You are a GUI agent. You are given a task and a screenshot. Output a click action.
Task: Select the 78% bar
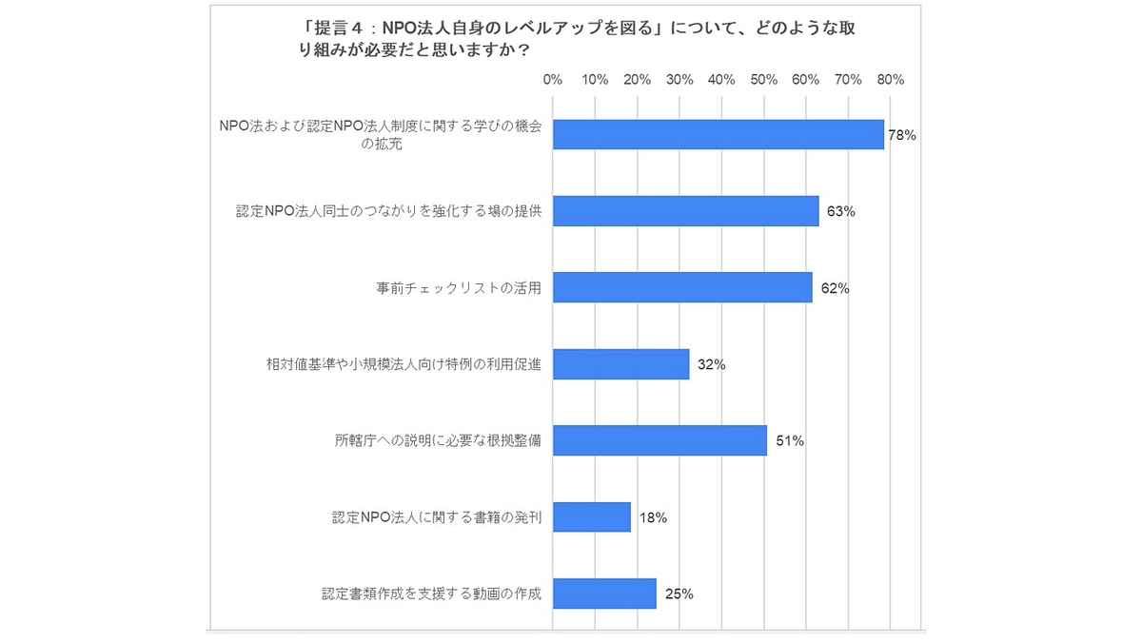click(x=718, y=135)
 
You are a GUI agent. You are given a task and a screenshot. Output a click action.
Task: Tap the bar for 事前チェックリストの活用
click(x=681, y=287)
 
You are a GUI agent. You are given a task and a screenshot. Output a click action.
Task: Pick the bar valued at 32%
click(x=620, y=364)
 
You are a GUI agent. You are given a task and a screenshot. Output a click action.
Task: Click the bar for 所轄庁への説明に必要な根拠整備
click(x=659, y=440)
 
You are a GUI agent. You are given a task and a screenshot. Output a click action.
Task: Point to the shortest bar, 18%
click(x=591, y=517)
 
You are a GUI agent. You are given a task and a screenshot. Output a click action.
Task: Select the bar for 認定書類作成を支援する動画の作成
click(x=604, y=593)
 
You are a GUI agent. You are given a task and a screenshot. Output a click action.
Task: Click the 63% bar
click(x=685, y=211)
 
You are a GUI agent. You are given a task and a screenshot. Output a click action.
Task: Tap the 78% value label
click(x=901, y=136)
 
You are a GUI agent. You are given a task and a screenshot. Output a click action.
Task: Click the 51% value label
click(x=790, y=441)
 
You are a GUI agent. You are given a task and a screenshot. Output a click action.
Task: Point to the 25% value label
click(x=679, y=594)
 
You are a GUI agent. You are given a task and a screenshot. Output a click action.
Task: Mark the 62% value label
click(x=835, y=288)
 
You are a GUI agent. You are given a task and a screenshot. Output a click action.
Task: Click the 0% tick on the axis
click(x=553, y=80)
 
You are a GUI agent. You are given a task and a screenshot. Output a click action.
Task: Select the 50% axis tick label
click(x=764, y=80)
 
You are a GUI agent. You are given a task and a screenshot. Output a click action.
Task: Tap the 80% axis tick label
click(x=891, y=80)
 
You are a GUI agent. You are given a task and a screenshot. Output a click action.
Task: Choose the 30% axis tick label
click(x=679, y=80)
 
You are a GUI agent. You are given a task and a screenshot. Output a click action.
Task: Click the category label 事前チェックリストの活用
click(x=459, y=287)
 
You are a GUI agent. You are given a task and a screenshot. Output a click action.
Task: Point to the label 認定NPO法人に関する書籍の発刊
click(x=437, y=517)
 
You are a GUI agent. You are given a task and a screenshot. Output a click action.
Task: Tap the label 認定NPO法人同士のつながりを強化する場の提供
click(x=388, y=211)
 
